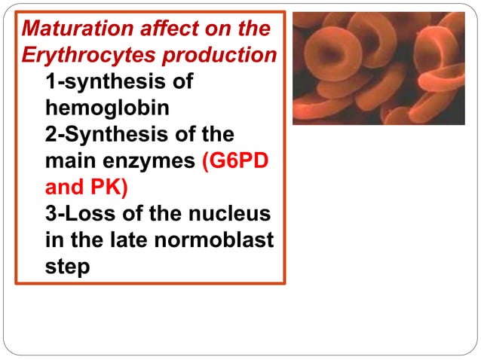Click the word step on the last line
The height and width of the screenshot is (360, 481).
point(67,266)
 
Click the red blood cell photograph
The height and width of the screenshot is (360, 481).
point(378,69)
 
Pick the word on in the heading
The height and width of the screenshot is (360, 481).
point(212,29)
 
